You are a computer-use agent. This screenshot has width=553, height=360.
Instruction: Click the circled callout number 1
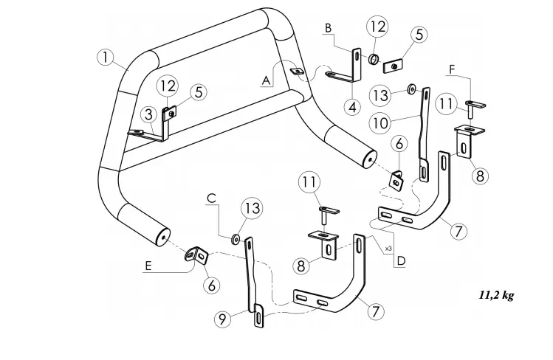point(106,56)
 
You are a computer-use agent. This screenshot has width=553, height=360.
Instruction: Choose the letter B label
point(329,28)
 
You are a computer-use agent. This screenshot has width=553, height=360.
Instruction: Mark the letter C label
point(211,198)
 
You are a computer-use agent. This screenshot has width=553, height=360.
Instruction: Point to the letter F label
point(451,70)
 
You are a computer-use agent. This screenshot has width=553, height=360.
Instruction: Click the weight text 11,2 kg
point(496,295)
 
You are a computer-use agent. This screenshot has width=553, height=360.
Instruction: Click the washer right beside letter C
point(234,238)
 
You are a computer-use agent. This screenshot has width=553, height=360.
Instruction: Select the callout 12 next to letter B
point(377,27)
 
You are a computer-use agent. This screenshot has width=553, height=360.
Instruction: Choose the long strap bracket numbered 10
point(427,133)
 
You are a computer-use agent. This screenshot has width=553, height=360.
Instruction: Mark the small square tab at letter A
point(298,72)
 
